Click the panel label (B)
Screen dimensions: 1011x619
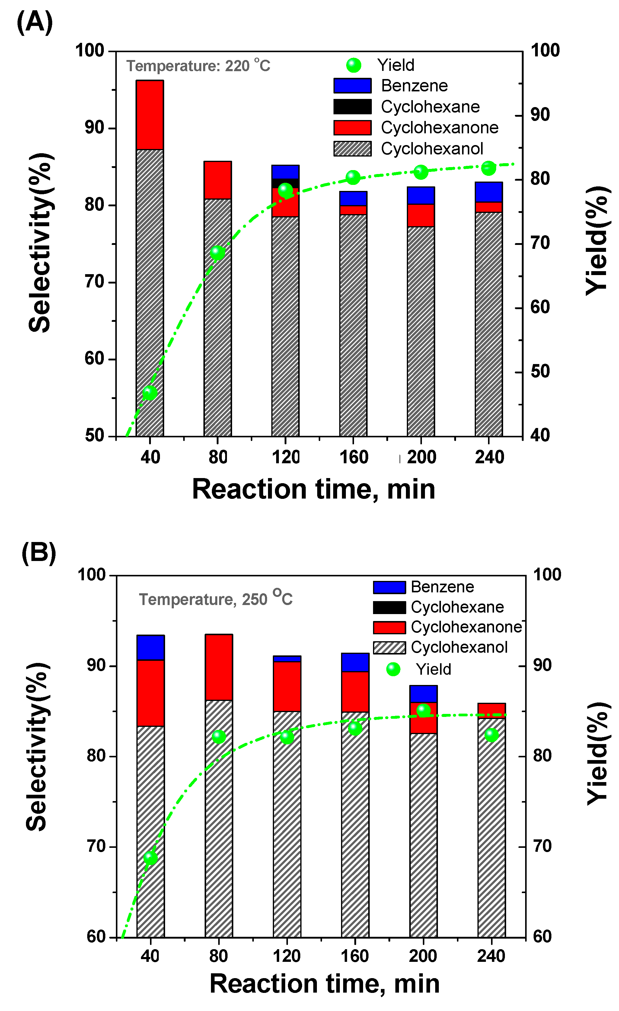coord(39,553)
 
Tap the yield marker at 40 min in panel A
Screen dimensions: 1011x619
coord(150,393)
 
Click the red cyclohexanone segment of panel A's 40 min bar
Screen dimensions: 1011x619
coord(150,115)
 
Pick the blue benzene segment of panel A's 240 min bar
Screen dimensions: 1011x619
coord(488,192)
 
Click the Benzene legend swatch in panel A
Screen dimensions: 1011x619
coord(352,86)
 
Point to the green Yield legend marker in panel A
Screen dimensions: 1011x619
coord(353,65)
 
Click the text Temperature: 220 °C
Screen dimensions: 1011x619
coord(198,66)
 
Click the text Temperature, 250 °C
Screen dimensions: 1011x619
coord(215,599)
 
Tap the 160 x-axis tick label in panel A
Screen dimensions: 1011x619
coord(353,457)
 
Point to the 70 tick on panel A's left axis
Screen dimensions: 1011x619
coord(95,282)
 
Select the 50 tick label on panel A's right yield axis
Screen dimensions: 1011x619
coord(540,372)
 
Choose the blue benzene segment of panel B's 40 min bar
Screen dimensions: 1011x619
coord(151,648)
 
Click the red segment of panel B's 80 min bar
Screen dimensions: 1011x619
coord(219,667)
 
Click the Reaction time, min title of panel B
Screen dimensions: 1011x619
coord(324,984)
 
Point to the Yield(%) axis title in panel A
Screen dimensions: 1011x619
coord(596,241)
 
